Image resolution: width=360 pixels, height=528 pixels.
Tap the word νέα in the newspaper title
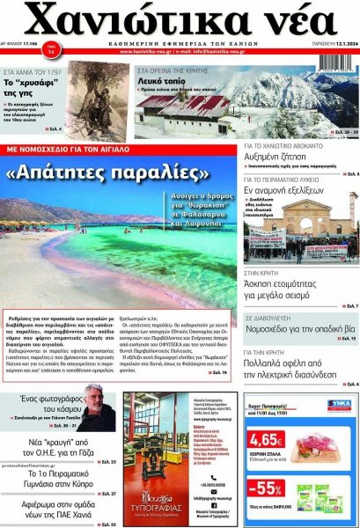click(288, 20)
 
